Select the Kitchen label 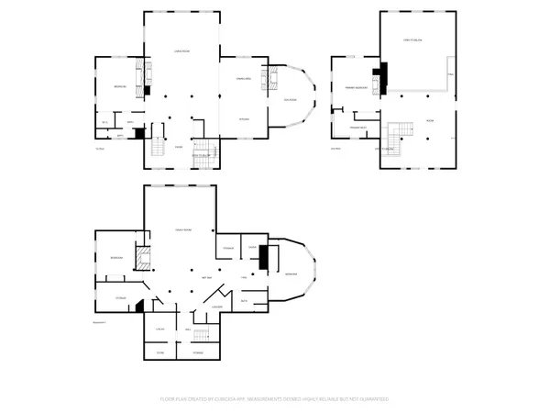pyautogui.click(x=244, y=119)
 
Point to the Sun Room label pyautogui.click(x=290, y=100)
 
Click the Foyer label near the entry pyautogui.click(x=180, y=147)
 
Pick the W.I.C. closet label pyautogui.click(x=105, y=122)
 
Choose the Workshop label pyautogui.click(x=291, y=274)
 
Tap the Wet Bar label pyautogui.click(x=207, y=276)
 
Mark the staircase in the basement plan pyautogui.click(x=208, y=336)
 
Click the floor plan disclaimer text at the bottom pyautogui.click(x=275, y=399)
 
